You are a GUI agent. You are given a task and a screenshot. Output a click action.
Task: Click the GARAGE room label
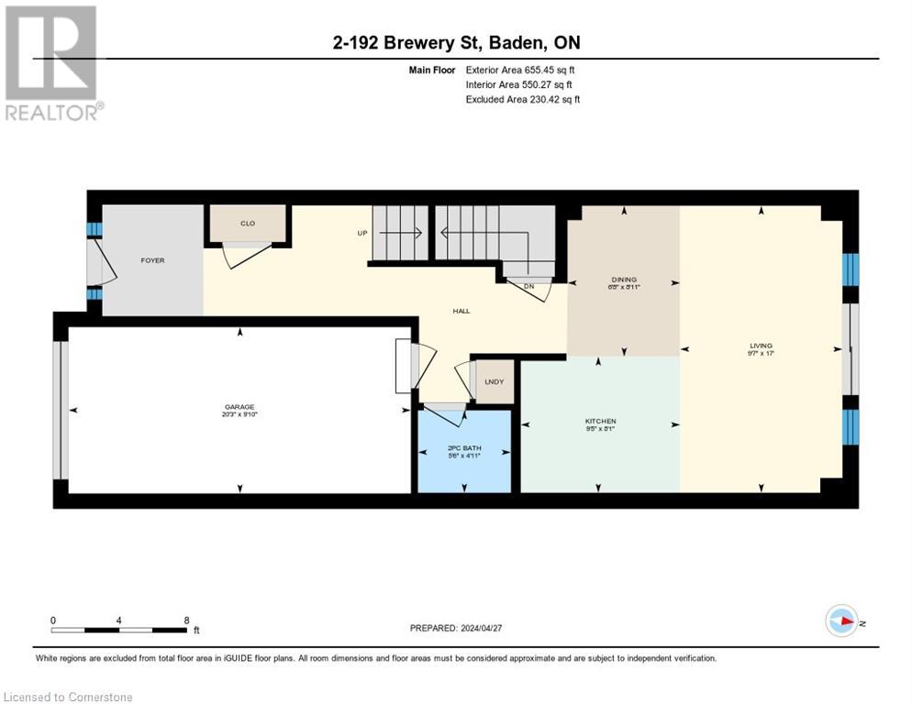(239, 407)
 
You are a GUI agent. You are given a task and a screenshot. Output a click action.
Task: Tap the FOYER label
(152, 260)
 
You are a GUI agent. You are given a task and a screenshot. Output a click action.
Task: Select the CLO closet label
(248, 224)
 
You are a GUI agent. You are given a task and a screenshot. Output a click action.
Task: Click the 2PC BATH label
(463, 449)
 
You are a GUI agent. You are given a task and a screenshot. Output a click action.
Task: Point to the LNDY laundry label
(494, 381)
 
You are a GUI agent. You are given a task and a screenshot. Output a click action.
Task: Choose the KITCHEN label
(600, 421)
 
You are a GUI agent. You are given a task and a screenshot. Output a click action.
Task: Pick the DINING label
(624, 280)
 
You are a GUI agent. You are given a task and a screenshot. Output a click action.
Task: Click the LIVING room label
(761, 346)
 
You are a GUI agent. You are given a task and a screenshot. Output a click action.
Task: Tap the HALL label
(461, 311)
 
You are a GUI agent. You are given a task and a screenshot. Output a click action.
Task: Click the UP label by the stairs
(362, 233)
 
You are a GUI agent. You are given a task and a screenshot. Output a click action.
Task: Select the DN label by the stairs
(528, 286)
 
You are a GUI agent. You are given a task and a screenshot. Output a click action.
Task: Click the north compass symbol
(841, 621)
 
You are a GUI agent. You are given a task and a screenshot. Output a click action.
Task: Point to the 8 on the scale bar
(186, 620)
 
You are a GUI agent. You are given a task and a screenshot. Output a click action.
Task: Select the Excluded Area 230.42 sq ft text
(522, 99)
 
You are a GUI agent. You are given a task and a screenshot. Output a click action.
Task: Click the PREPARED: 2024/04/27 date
(457, 628)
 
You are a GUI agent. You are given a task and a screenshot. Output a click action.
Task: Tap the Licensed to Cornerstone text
(69, 698)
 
